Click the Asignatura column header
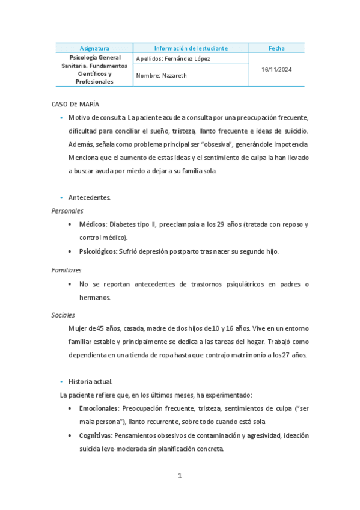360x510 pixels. [x=94, y=48]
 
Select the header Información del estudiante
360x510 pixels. [x=191, y=48]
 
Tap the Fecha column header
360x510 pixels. [x=276, y=48]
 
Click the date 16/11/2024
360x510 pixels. [x=276, y=70]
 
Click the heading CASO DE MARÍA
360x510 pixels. [x=76, y=105]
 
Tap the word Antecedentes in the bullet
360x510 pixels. [x=89, y=197]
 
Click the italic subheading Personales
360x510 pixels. [x=67, y=211]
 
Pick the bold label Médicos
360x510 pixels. [x=92, y=224]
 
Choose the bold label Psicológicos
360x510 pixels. [x=98, y=251]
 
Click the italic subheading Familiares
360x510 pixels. [x=66, y=271]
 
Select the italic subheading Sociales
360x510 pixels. [x=63, y=315]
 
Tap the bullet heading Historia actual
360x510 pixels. [x=90, y=381]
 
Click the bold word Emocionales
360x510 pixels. [x=99, y=408]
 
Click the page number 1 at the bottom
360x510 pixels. [x=180, y=476]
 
